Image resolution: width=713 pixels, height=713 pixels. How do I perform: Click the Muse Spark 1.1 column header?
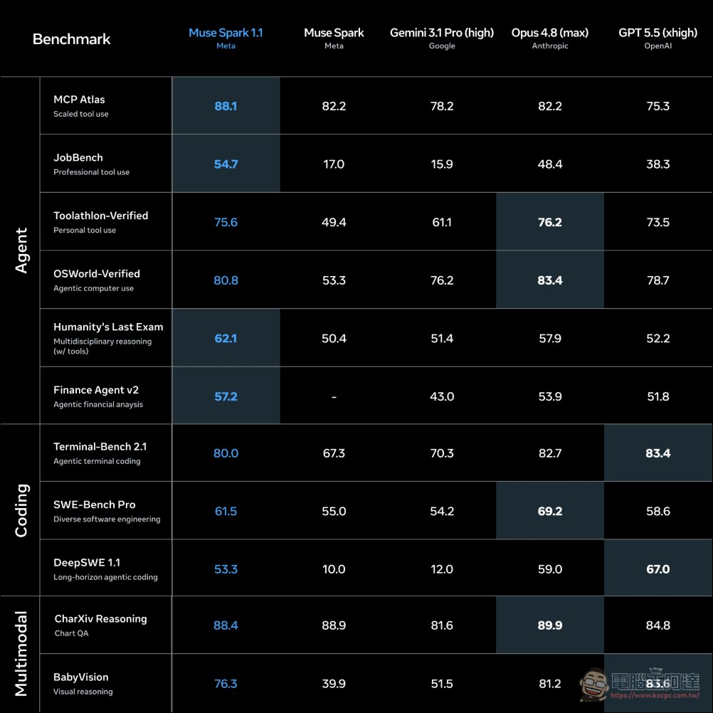click(226, 33)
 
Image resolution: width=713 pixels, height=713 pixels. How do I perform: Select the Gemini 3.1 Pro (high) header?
click(441, 33)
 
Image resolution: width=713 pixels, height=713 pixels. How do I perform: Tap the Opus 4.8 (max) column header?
click(550, 33)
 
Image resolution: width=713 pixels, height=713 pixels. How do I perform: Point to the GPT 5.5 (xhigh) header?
click(657, 33)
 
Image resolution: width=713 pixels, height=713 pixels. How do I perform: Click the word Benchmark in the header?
click(71, 39)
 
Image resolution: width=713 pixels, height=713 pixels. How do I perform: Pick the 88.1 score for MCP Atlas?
click(226, 106)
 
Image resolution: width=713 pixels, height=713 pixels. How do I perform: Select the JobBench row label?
click(78, 157)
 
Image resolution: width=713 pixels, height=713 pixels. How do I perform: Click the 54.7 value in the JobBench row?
click(226, 164)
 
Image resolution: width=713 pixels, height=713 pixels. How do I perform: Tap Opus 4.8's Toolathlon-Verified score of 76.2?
click(550, 222)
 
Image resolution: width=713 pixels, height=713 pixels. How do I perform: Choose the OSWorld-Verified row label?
click(97, 274)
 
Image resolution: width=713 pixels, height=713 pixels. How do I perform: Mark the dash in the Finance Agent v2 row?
click(334, 397)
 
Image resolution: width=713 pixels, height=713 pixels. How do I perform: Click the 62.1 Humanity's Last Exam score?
click(226, 338)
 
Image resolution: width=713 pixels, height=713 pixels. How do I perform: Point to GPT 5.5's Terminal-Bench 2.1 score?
click(657, 453)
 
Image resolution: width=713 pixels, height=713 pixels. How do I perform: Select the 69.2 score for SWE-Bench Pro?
click(550, 511)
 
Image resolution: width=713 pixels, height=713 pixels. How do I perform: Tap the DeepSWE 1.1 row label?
click(87, 562)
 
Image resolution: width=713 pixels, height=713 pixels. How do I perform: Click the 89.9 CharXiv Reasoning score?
click(550, 625)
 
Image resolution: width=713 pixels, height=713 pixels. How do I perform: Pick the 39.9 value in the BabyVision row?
click(334, 683)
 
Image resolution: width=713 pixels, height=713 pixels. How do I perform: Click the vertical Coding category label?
click(21, 510)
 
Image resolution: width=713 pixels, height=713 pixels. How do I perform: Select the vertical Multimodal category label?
click(21, 654)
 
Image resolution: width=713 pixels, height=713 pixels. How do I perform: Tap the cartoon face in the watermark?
click(593, 683)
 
